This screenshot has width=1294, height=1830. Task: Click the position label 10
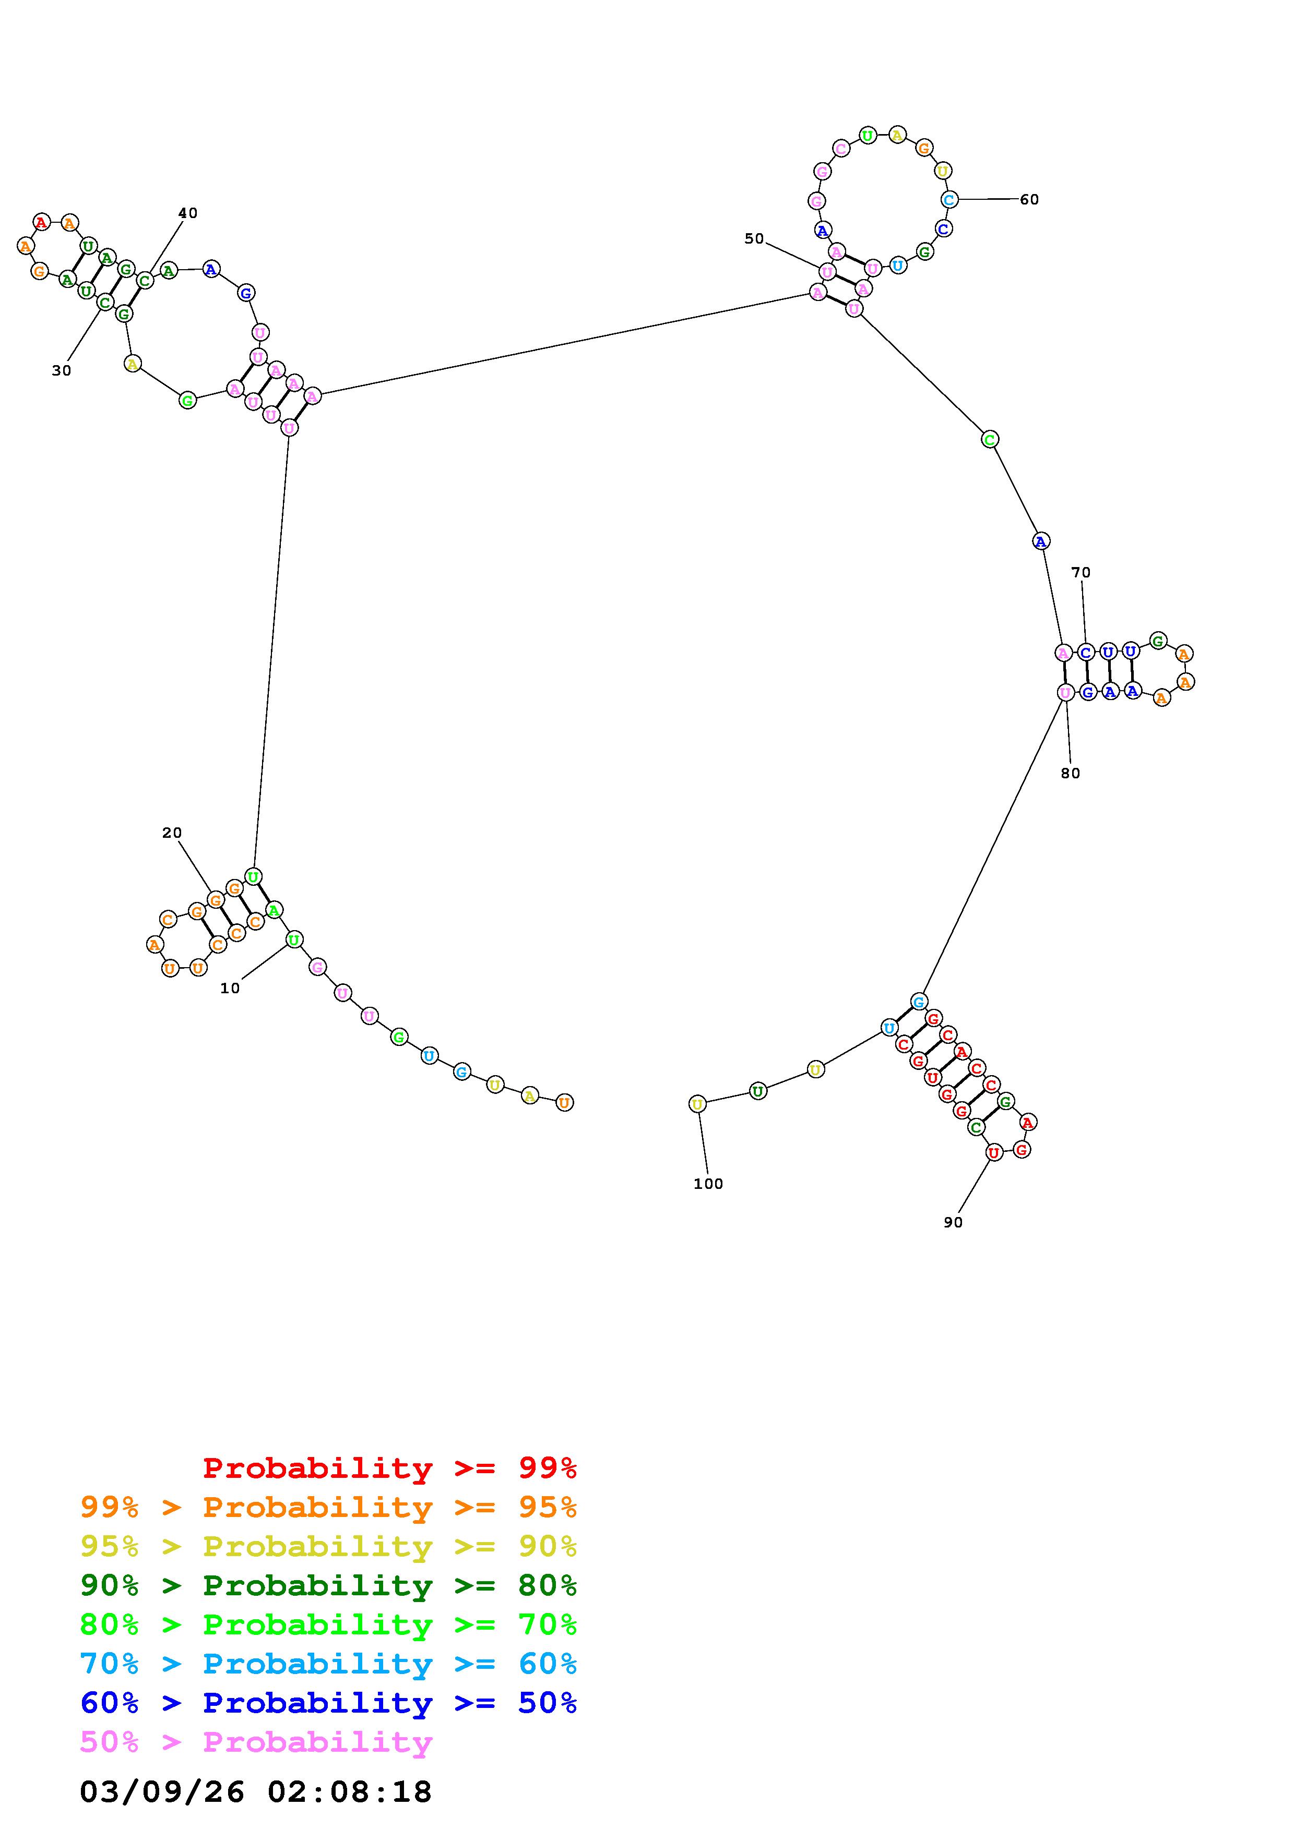click(230, 989)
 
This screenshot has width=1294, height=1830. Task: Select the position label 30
click(62, 370)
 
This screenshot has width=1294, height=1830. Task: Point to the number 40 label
click(187, 213)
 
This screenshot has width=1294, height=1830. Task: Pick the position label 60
click(1029, 199)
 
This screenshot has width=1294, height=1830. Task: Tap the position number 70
click(1081, 572)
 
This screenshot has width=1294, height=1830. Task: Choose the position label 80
click(1071, 773)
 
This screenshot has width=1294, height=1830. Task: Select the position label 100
click(708, 1184)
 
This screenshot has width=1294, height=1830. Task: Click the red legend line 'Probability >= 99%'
click(390, 1467)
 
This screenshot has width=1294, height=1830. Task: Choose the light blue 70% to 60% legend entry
click(328, 1664)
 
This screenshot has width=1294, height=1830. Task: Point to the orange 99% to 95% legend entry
click(328, 1507)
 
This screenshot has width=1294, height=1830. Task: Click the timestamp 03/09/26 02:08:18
click(256, 1791)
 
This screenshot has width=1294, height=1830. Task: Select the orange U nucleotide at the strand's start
click(564, 1103)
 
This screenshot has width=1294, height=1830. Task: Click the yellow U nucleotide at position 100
click(697, 1104)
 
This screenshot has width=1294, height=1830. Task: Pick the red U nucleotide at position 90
click(993, 1152)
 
